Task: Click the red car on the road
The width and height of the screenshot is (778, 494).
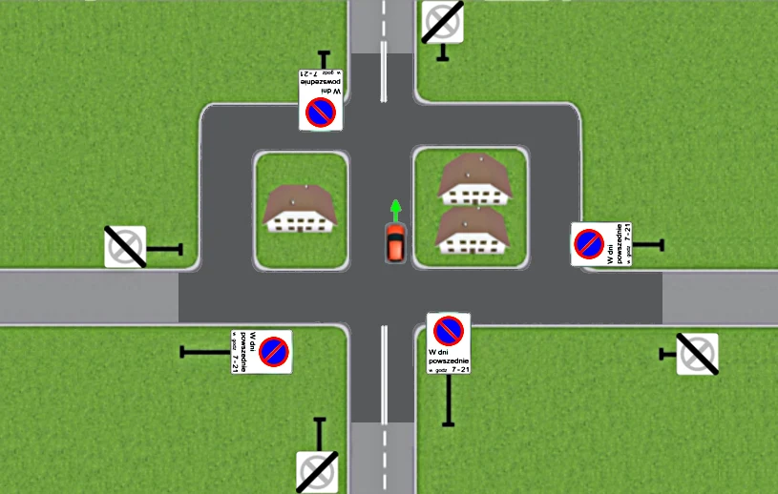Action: (x=394, y=242)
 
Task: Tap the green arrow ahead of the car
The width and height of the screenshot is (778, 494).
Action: (x=394, y=208)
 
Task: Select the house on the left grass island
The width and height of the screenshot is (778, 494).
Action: (x=301, y=210)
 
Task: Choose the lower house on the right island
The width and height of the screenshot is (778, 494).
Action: (x=470, y=231)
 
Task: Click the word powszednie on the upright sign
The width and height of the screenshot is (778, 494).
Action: (x=448, y=360)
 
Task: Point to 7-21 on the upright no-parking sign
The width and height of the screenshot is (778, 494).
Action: (x=459, y=369)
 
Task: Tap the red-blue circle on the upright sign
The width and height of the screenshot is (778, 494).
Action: (x=448, y=331)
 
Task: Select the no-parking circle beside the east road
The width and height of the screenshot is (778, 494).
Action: (x=588, y=244)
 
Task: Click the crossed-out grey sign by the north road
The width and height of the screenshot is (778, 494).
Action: (x=443, y=20)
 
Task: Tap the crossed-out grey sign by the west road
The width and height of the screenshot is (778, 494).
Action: (x=125, y=247)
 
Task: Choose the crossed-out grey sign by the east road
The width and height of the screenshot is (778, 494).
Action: (x=697, y=354)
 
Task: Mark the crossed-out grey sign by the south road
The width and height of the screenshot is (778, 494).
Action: (x=317, y=471)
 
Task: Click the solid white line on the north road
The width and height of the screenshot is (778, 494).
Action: (x=385, y=77)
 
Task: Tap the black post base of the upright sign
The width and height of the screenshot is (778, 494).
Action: (x=448, y=422)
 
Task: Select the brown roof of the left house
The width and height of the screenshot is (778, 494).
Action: (x=301, y=200)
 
